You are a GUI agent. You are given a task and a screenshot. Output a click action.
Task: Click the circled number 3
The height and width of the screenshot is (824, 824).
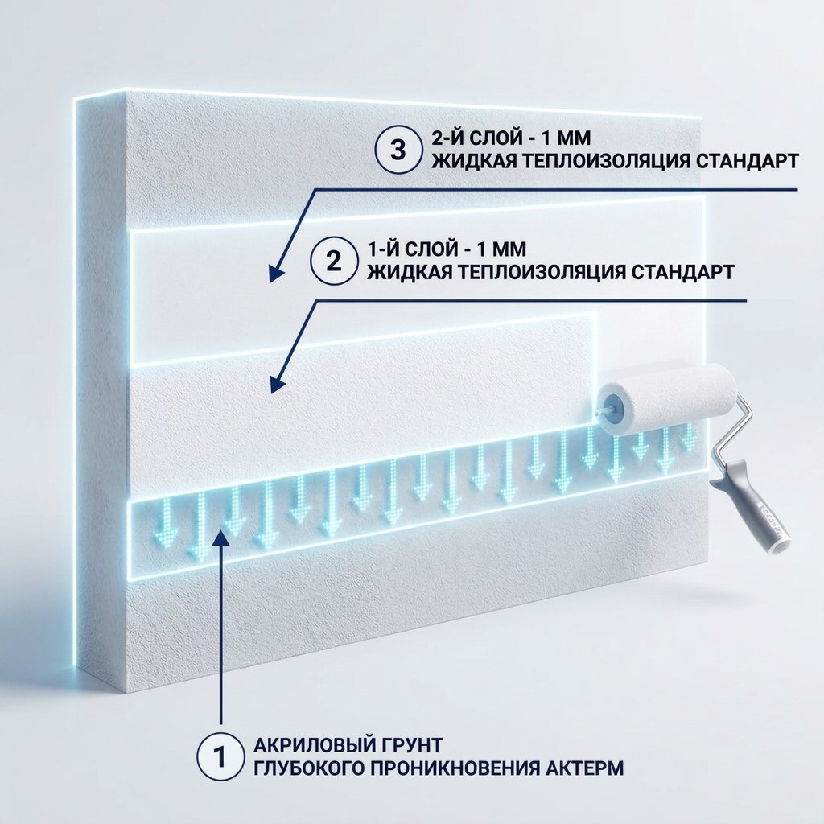click(398, 150)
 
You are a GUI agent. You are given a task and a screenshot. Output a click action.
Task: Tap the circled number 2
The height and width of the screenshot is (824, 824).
click(333, 262)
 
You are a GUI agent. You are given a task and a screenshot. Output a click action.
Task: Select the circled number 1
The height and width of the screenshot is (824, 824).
click(220, 756)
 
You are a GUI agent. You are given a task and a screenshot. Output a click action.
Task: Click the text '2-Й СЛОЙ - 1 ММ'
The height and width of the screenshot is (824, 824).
click(511, 138)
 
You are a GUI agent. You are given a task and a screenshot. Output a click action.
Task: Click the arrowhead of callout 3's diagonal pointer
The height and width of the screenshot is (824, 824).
click(276, 274)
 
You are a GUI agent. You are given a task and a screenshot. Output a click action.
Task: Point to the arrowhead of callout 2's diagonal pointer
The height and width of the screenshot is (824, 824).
click(277, 384)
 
